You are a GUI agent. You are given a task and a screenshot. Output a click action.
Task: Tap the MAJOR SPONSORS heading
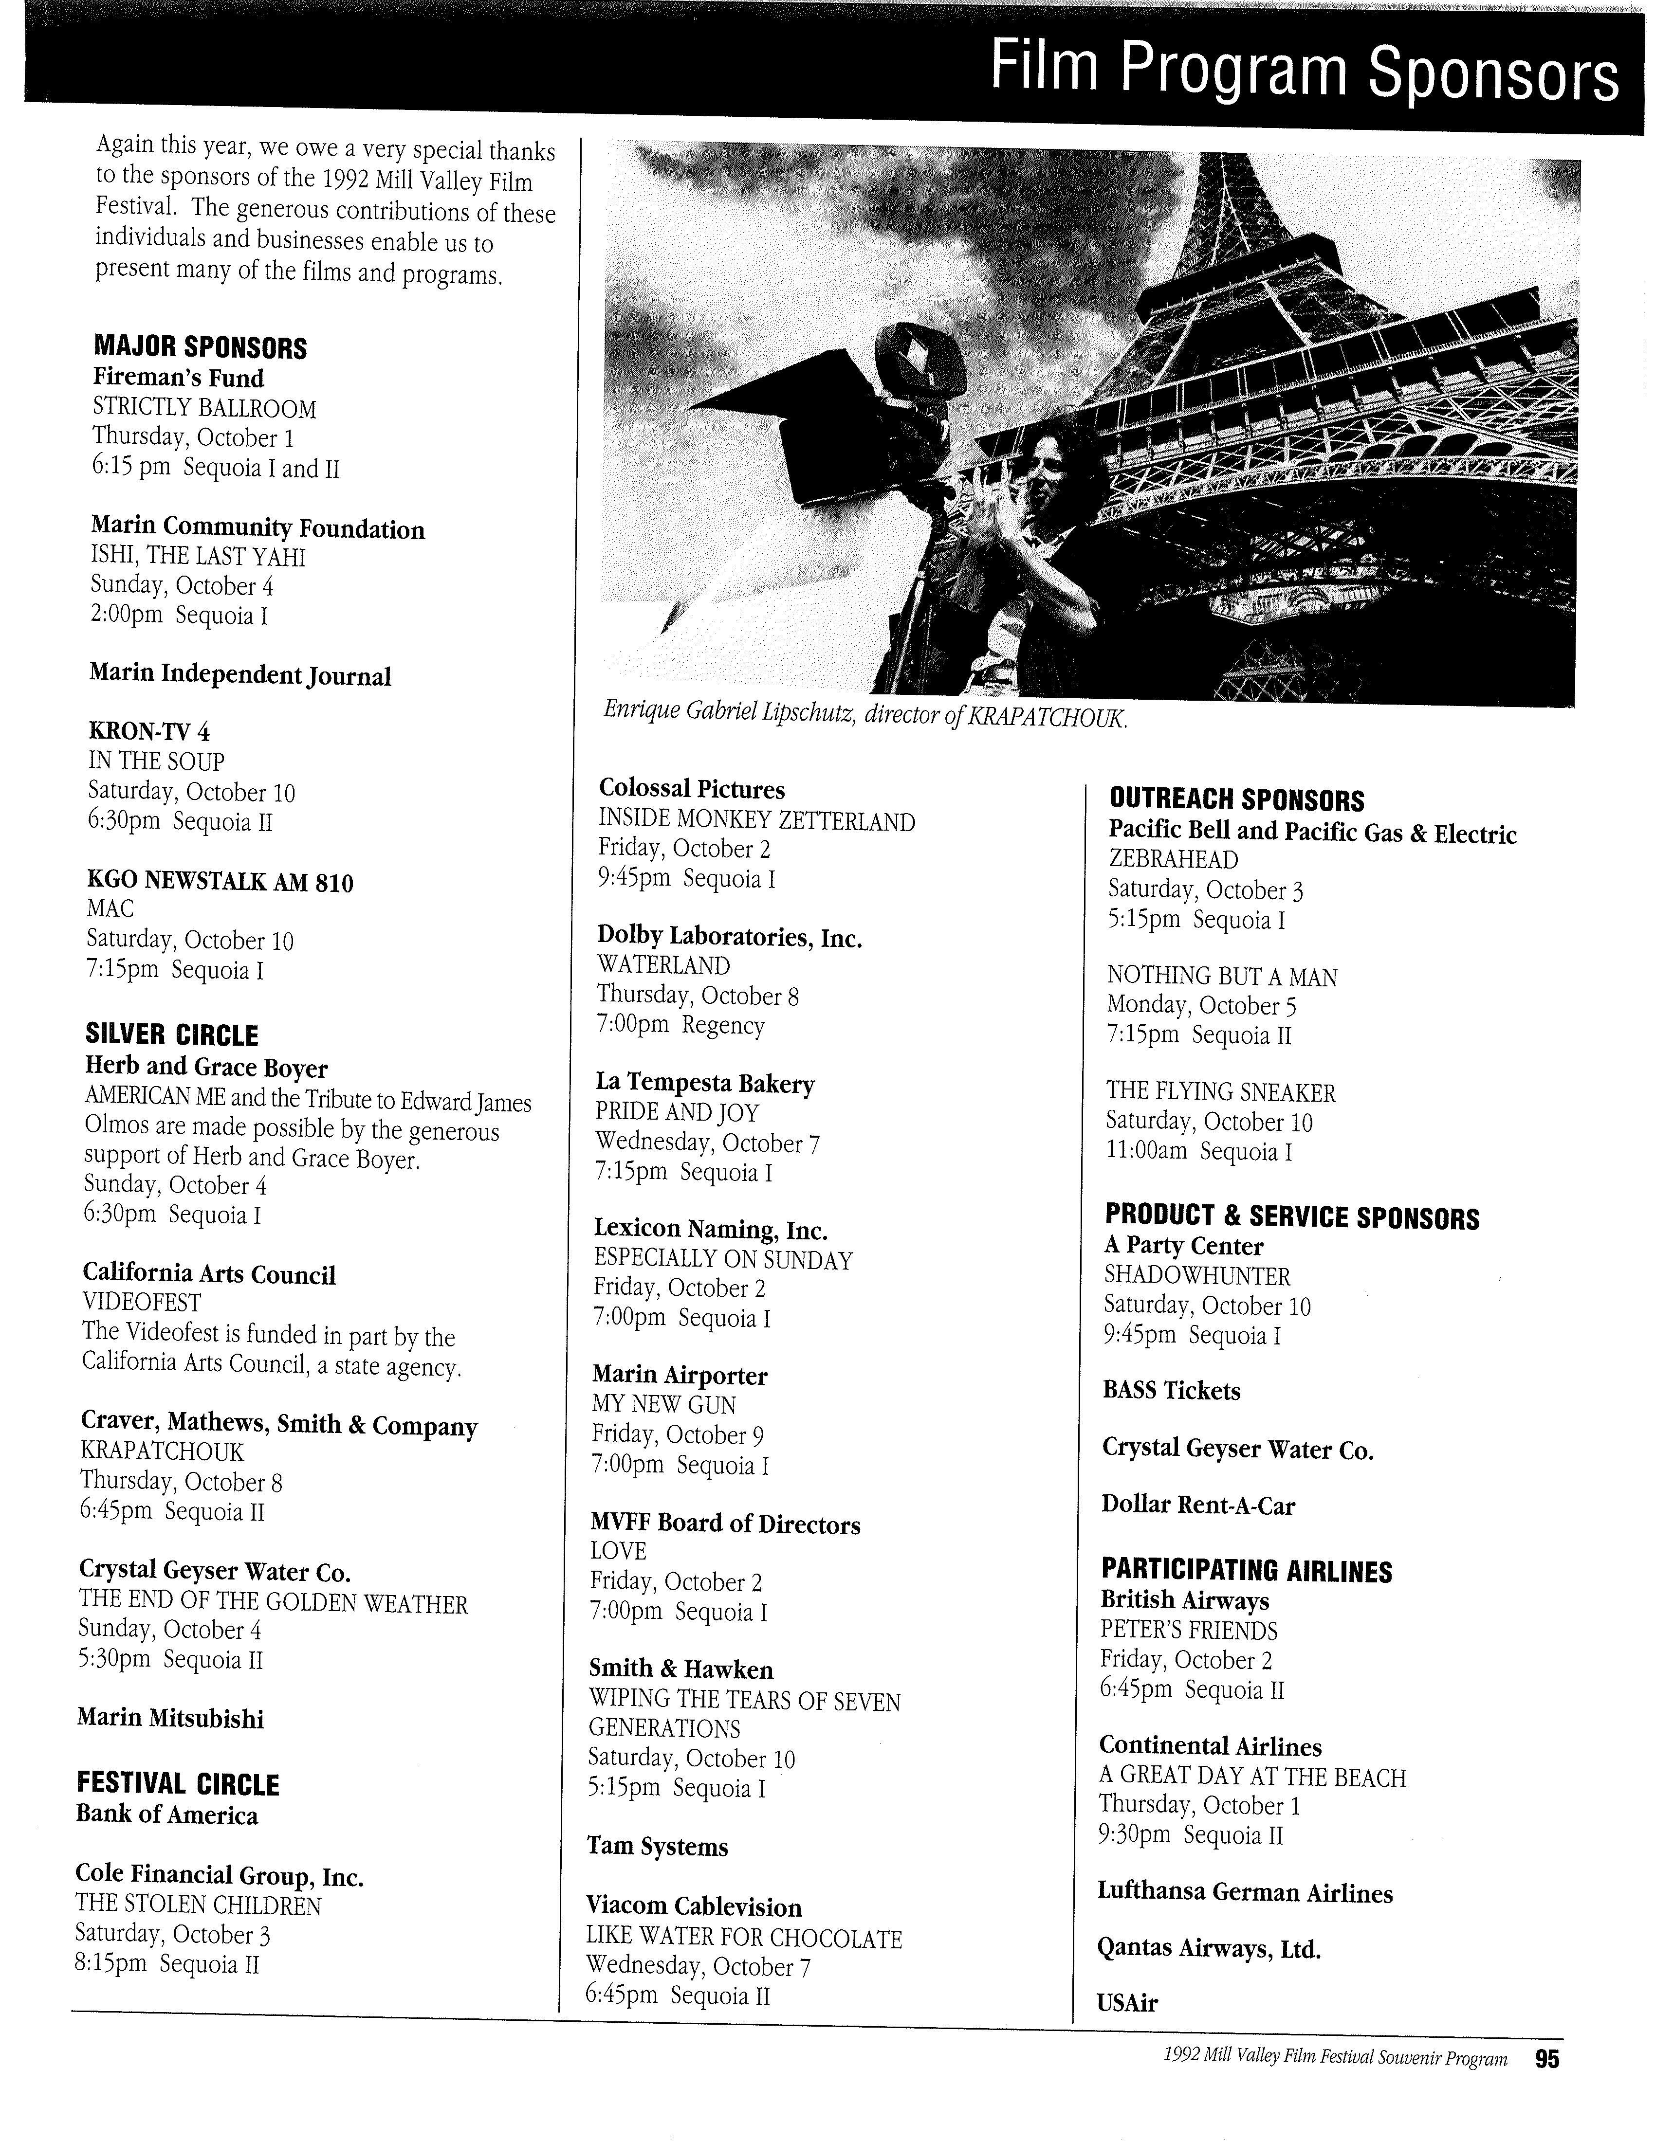pos(200,347)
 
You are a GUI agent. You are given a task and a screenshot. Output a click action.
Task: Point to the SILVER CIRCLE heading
pos(171,1035)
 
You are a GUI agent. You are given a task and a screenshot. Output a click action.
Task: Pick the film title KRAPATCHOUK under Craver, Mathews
pos(162,1452)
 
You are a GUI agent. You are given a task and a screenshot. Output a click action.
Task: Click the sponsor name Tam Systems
pos(657,1847)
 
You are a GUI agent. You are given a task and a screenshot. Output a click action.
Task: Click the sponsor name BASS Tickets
pos(1171,1391)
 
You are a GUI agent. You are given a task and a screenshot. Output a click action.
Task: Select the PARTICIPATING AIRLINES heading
pos(1245,1571)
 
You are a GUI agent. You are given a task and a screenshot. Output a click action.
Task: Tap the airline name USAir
pos(1127,2004)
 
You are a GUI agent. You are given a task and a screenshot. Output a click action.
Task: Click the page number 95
pos(1547,2059)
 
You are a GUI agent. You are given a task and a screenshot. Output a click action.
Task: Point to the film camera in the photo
pos(863,421)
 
